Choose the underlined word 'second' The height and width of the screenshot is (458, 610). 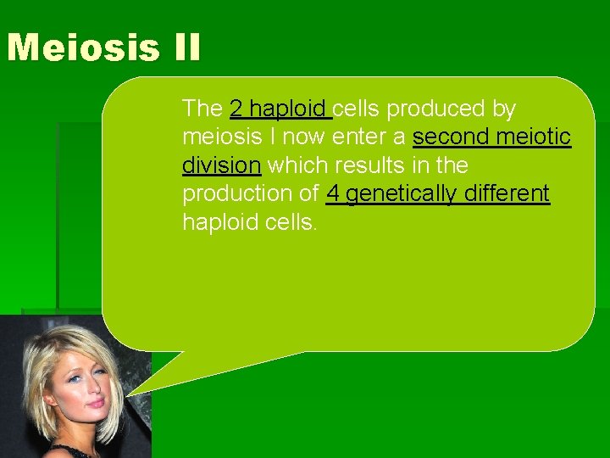pos(453,137)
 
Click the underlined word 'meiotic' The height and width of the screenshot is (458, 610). pos(535,137)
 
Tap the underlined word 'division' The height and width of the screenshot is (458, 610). pos(221,165)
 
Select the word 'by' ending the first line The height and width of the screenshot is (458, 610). pos(502,109)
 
